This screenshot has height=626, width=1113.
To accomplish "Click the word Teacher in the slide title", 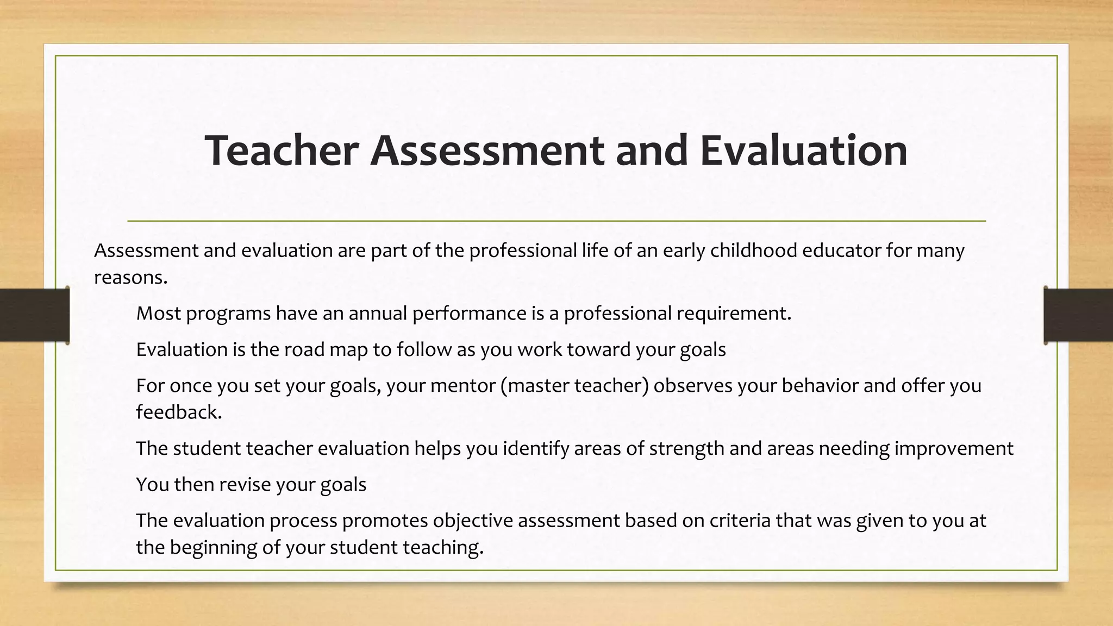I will (x=281, y=151).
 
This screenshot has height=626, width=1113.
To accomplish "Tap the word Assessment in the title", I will (x=486, y=151).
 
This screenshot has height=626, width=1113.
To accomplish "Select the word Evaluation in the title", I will (x=804, y=151).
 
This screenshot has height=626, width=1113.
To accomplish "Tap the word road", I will (x=304, y=349).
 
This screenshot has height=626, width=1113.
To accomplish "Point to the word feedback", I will (x=179, y=412).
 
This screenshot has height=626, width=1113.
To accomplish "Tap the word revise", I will (x=244, y=484).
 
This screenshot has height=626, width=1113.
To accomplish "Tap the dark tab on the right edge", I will (x=1078, y=315).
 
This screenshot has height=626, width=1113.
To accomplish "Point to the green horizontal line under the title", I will (x=556, y=221).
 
